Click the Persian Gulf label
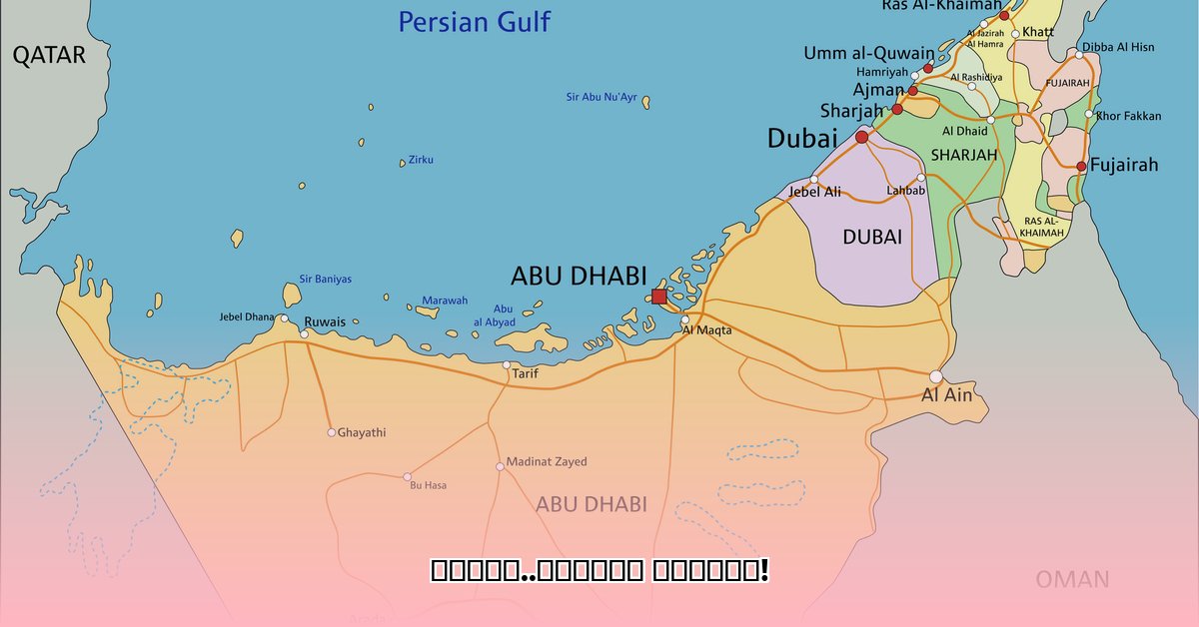click(474, 22)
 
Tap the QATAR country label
click(49, 56)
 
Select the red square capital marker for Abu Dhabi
click(658, 297)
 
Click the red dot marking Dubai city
click(862, 137)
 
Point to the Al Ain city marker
click(935, 376)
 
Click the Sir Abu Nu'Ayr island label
click(600, 97)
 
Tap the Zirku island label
click(421, 160)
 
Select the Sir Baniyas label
click(326, 280)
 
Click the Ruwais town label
click(325, 321)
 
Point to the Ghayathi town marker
click(331, 432)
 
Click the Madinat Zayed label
click(547, 462)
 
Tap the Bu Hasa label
click(429, 485)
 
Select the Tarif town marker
click(507, 364)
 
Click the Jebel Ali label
click(814, 192)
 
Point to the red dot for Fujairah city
click(1081, 166)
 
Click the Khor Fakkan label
click(1129, 116)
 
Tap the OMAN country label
click(1072, 579)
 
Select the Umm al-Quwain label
click(869, 53)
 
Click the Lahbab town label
click(905, 191)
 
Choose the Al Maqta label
click(706, 330)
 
